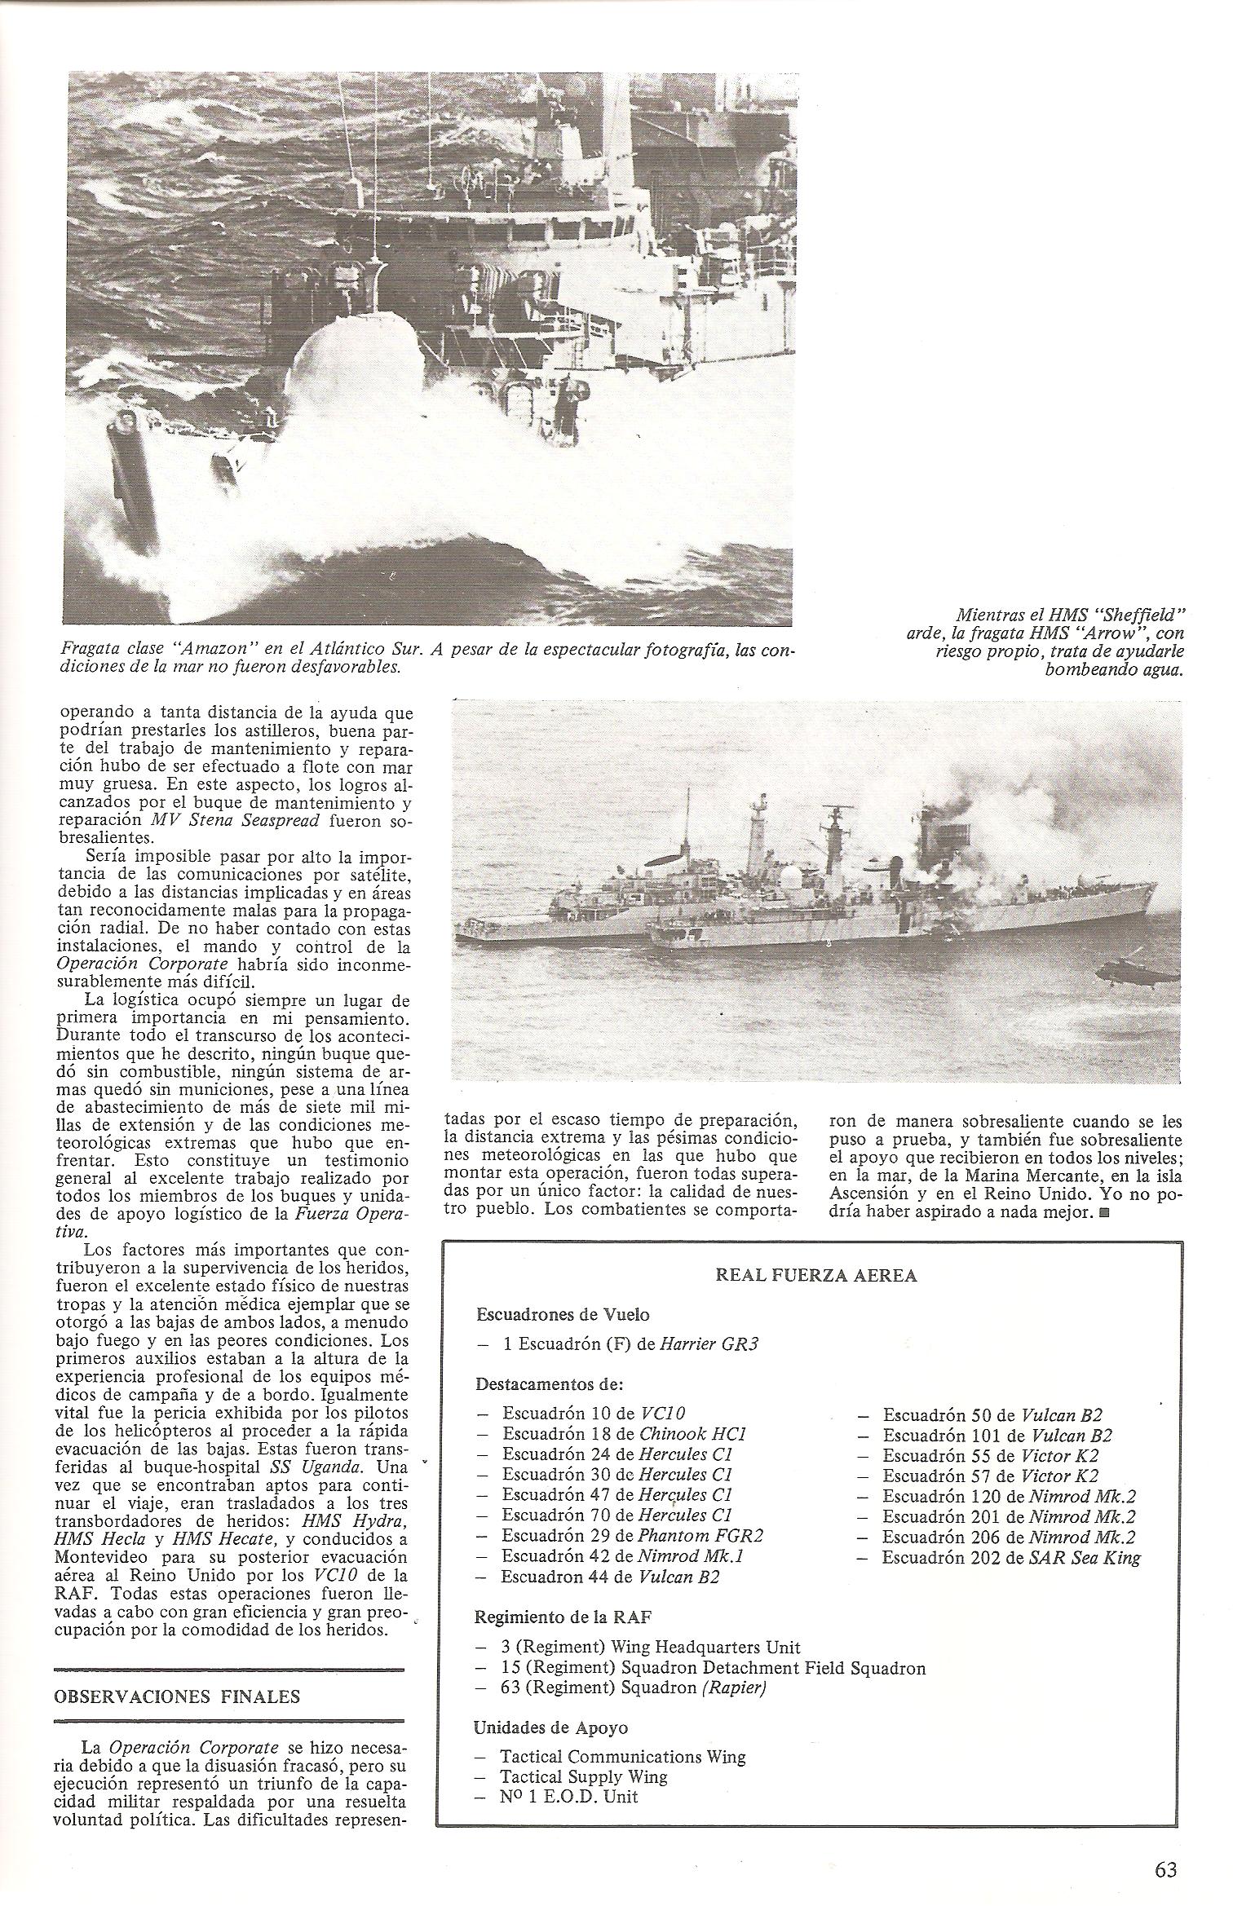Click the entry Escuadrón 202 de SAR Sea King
[x=1010, y=1558]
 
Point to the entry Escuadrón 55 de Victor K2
[x=990, y=1455]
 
